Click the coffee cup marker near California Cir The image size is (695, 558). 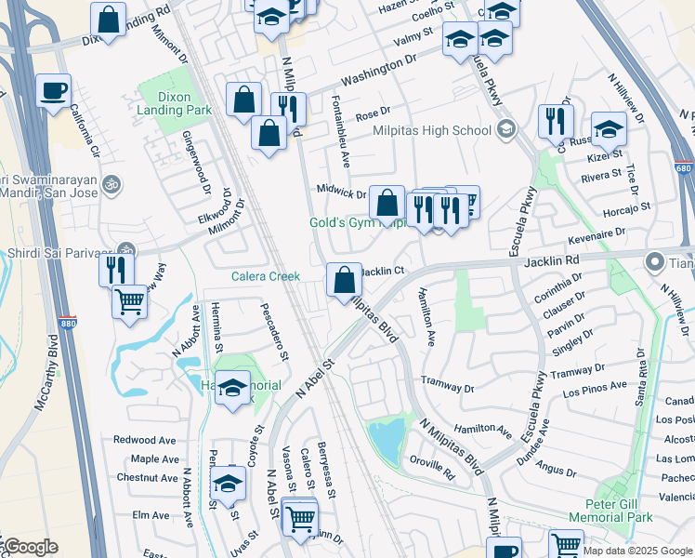tap(53, 90)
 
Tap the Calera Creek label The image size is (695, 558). tap(266, 276)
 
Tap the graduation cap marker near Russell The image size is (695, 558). tap(609, 129)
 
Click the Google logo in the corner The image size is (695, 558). tap(30, 547)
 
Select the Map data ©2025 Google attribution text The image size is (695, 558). tap(636, 551)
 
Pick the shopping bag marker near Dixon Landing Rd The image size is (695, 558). tap(109, 19)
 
